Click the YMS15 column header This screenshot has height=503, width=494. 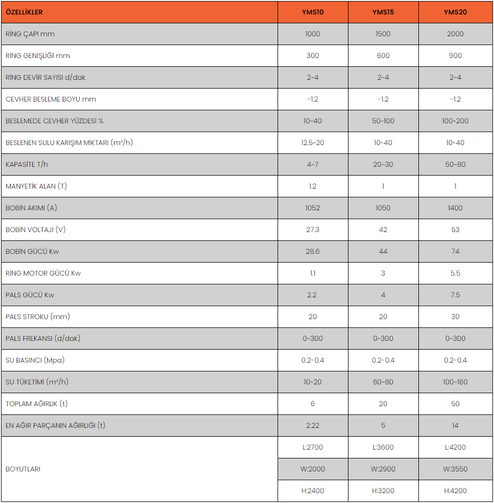click(383, 12)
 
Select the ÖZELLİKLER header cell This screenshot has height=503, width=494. click(24, 12)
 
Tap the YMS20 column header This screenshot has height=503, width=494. click(455, 12)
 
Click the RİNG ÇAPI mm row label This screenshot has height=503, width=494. click(30, 34)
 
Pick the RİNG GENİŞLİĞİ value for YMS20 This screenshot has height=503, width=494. click(455, 55)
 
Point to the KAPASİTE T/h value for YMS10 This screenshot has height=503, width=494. click(313, 164)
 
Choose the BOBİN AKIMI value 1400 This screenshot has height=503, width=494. click(455, 208)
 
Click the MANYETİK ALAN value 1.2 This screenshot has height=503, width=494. click(313, 186)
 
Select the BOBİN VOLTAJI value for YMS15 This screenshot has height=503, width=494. click(383, 229)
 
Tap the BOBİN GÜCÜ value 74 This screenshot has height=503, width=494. click(455, 251)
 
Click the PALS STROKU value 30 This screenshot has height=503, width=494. click(455, 317)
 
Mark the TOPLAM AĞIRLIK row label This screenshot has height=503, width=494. click(36, 404)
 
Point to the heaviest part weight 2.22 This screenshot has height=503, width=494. click(313, 425)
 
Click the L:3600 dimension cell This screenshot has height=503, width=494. click(383, 447)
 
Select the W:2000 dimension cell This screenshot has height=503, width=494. click(313, 469)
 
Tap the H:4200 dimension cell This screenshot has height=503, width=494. click(455, 491)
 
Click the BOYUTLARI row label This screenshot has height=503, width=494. click(23, 469)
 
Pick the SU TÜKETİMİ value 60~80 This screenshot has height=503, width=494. click(383, 382)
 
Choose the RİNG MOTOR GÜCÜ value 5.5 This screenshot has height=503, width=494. click(455, 273)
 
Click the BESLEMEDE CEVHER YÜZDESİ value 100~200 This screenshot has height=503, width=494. click(455, 121)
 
